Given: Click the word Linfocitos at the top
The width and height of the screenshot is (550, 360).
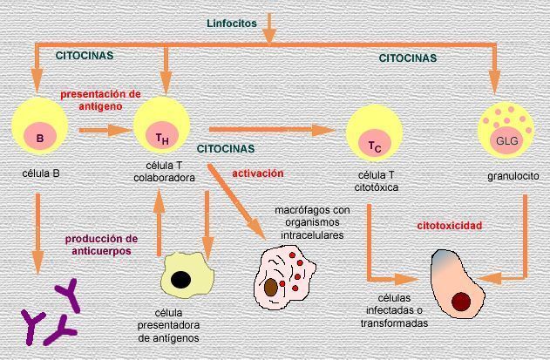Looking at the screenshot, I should tap(231, 23).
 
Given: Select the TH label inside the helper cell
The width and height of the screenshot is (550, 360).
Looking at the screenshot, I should tap(162, 138).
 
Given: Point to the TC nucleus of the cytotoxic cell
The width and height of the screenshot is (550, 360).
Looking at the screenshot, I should tap(374, 146).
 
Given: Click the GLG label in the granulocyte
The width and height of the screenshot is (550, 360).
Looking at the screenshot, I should tap(506, 140).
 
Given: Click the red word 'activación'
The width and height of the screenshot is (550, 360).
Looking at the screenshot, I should tap(257, 173).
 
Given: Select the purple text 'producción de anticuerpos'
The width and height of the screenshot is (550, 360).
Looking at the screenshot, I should tap(100, 244).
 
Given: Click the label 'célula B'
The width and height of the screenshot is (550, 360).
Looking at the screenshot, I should tap(40, 173).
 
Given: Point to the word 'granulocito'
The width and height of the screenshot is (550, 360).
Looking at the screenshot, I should tap(513, 176).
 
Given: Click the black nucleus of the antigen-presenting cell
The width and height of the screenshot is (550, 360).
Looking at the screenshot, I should tap(182, 280).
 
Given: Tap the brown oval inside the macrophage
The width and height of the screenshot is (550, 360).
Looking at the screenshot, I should tap(272, 286).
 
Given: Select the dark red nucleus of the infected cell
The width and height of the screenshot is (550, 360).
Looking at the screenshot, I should tap(461, 302).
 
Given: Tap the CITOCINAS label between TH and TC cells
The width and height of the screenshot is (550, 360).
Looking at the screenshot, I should tap(226, 149).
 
